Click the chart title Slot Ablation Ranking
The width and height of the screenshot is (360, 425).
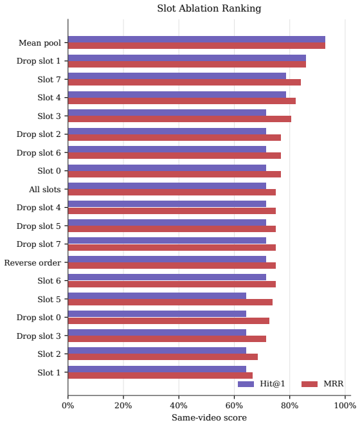coord(209,8)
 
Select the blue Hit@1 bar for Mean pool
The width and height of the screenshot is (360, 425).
coord(197,39)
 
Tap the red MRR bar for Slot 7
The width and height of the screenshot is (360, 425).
coord(184,82)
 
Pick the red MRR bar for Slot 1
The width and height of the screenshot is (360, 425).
coord(160,375)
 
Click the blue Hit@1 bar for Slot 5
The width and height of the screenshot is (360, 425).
coord(157,296)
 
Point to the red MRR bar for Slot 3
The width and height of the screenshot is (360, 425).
coord(179,119)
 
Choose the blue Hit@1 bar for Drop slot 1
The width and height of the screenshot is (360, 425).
coord(187,58)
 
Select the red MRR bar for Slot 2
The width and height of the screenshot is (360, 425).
coord(163,357)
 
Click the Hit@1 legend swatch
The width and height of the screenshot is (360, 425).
coord(246,384)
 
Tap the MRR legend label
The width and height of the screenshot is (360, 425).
coord(334,384)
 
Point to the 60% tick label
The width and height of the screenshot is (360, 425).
coord(234,406)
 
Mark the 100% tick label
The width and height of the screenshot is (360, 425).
coord(345,406)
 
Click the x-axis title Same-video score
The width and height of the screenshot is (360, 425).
coord(209,418)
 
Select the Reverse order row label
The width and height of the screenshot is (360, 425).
coord(33,262)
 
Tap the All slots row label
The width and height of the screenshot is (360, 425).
coord(45,189)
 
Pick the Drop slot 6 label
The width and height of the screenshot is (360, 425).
coord(39,152)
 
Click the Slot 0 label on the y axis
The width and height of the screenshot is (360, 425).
coord(49,171)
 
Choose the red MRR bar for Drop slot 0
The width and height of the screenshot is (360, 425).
coord(168,321)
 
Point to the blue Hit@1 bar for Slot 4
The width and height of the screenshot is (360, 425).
coord(177,95)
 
